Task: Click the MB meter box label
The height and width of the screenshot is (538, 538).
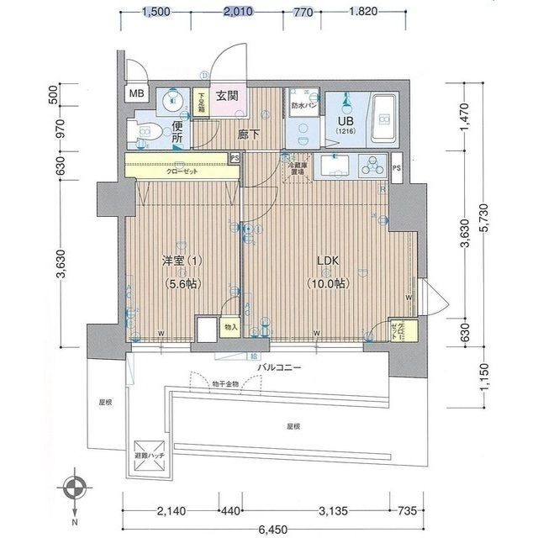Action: click(136, 95)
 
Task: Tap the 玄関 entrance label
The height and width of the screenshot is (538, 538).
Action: click(227, 96)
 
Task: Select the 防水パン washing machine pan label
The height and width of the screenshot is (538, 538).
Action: click(303, 106)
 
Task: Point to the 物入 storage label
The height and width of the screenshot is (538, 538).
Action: click(230, 325)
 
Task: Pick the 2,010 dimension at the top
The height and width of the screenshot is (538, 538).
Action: click(240, 12)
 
